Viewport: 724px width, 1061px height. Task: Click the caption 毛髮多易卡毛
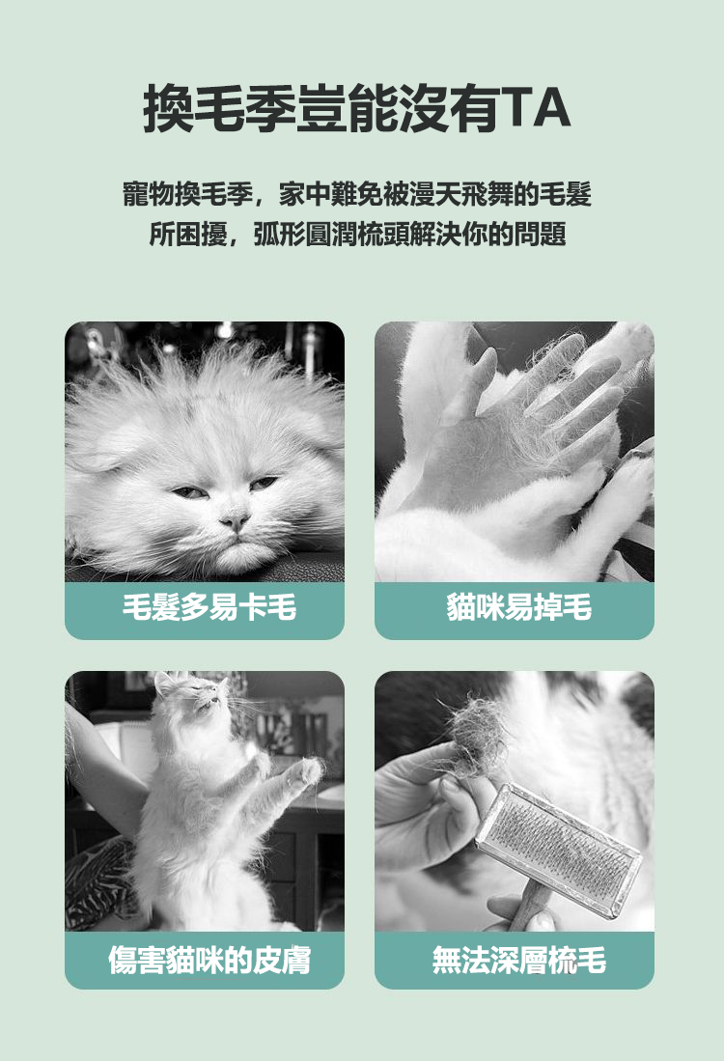click(x=209, y=607)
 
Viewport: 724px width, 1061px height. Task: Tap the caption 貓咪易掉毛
click(x=519, y=607)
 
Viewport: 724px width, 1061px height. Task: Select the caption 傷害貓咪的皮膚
click(x=209, y=961)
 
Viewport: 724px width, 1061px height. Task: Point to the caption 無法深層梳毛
click(x=519, y=961)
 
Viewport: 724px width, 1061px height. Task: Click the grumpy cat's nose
click(x=235, y=520)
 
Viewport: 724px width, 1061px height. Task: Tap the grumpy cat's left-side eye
click(x=189, y=492)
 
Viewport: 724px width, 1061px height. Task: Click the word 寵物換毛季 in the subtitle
click(x=188, y=194)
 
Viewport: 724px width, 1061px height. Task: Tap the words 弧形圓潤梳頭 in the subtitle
click(x=331, y=235)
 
